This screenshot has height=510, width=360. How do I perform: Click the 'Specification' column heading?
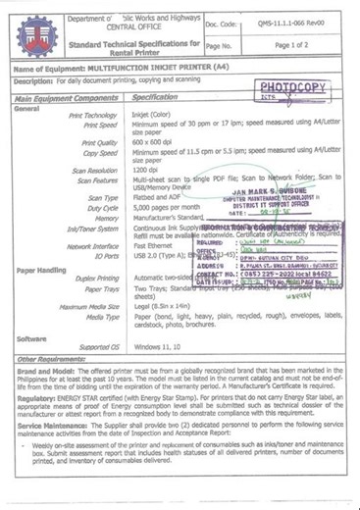154,98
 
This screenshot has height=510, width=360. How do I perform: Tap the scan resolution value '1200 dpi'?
147,172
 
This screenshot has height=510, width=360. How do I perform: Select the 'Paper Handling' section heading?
38,269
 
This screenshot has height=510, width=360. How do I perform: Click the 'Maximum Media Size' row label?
90,307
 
